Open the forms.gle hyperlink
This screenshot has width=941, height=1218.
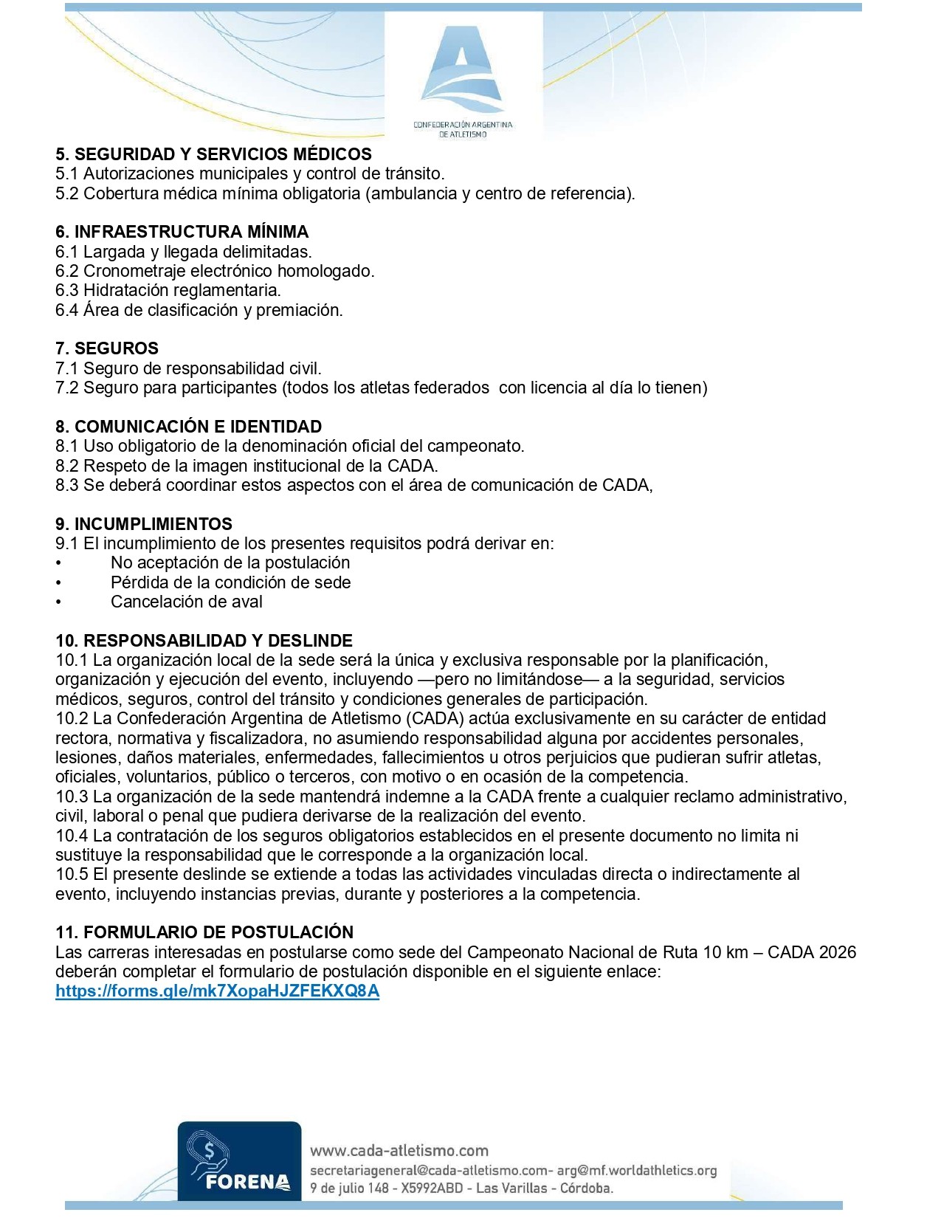click(x=218, y=991)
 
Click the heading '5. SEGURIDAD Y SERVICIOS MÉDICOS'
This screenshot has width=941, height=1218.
click(x=213, y=154)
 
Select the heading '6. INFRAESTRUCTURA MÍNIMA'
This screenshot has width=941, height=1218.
click(x=182, y=232)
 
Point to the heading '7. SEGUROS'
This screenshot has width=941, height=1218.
click(x=107, y=348)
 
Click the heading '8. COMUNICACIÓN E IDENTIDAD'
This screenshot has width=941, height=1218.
click(x=188, y=427)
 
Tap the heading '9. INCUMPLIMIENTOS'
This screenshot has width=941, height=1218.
click(x=144, y=524)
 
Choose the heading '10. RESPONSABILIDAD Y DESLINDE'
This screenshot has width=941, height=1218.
click(x=204, y=641)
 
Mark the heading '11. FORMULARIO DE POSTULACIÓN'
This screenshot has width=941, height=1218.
click(x=204, y=932)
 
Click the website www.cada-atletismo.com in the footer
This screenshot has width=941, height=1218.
click(x=399, y=1150)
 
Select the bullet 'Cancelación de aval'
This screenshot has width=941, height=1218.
click(x=187, y=602)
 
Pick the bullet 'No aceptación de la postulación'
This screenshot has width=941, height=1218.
click(x=230, y=562)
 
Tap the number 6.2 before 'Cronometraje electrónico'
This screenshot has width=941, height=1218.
click(x=66, y=271)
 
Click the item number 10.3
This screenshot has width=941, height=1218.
click(x=72, y=796)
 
